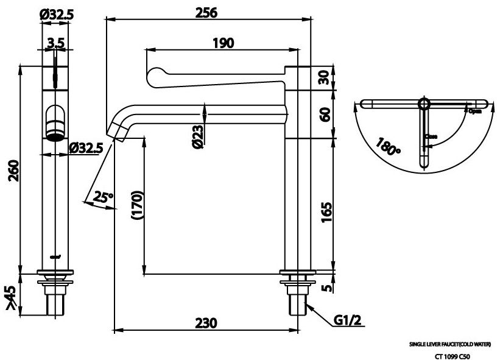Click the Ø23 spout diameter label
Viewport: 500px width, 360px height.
[197, 136]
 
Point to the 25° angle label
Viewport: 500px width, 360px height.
[104, 197]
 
